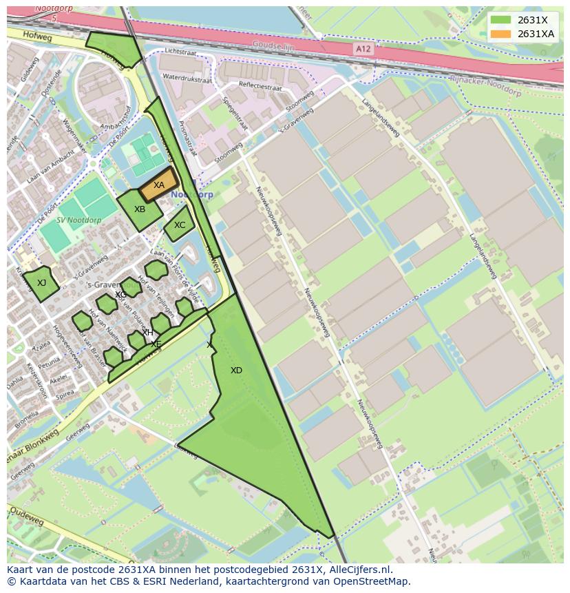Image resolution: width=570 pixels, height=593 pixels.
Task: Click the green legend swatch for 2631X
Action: (500, 20)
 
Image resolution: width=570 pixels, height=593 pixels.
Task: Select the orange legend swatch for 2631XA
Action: (500, 34)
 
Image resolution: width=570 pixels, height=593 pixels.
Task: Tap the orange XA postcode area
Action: (159, 185)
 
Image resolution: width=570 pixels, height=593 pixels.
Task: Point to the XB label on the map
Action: (140, 209)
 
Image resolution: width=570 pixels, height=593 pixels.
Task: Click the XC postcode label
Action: (180, 225)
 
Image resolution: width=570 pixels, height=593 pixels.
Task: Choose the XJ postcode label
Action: (42, 282)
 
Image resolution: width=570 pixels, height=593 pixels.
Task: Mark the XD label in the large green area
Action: (236, 371)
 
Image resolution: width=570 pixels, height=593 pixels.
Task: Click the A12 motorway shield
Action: (364, 48)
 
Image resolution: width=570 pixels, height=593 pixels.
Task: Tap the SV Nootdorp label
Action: (78, 220)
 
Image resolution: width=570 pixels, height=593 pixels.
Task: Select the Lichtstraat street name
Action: (181, 52)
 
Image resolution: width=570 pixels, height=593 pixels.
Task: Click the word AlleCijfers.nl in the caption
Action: (359, 570)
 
